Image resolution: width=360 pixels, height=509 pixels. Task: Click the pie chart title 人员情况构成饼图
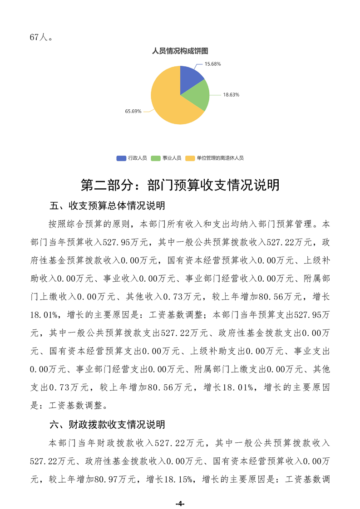pyautogui.click(x=180, y=51)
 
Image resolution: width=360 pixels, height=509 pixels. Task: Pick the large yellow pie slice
pyautogui.click(x=168, y=102)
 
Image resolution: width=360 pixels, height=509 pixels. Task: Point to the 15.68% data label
pyautogui.click(x=212, y=64)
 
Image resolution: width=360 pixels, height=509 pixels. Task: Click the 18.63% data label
pyautogui.click(x=231, y=95)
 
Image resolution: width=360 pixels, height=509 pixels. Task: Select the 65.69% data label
pyautogui.click(x=133, y=111)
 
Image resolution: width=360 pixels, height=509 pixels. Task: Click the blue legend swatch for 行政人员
pyautogui.click(x=121, y=158)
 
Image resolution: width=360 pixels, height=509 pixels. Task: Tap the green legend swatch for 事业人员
pyautogui.click(x=156, y=158)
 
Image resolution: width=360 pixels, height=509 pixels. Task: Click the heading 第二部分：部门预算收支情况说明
pyautogui.click(x=180, y=185)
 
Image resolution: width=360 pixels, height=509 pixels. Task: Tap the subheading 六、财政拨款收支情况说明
pyautogui.click(x=107, y=425)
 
